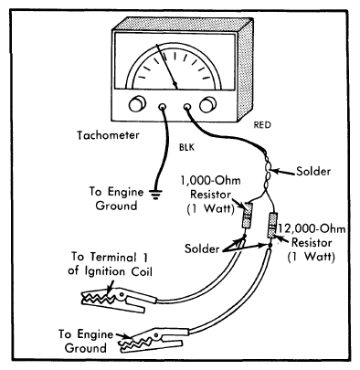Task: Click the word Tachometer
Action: [x=108, y=135]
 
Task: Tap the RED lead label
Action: [x=262, y=125]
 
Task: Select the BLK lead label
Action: [x=186, y=148]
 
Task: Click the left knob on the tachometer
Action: [x=137, y=104]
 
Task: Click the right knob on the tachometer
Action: [x=208, y=105]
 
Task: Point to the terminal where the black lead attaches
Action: [x=163, y=107]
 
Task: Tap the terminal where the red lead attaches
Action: [x=187, y=107]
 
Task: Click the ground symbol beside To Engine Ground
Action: [x=155, y=195]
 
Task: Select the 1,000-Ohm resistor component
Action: [x=247, y=216]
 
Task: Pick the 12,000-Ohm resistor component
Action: [x=271, y=226]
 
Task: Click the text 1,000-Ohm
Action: [x=210, y=181]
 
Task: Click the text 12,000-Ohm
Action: [x=311, y=228]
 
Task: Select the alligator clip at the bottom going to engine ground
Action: [x=155, y=340]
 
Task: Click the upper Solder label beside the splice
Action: [x=313, y=172]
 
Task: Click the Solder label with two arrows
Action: [x=202, y=248]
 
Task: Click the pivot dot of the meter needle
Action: [x=175, y=83]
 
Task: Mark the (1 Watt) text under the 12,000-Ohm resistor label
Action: [x=311, y=257]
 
